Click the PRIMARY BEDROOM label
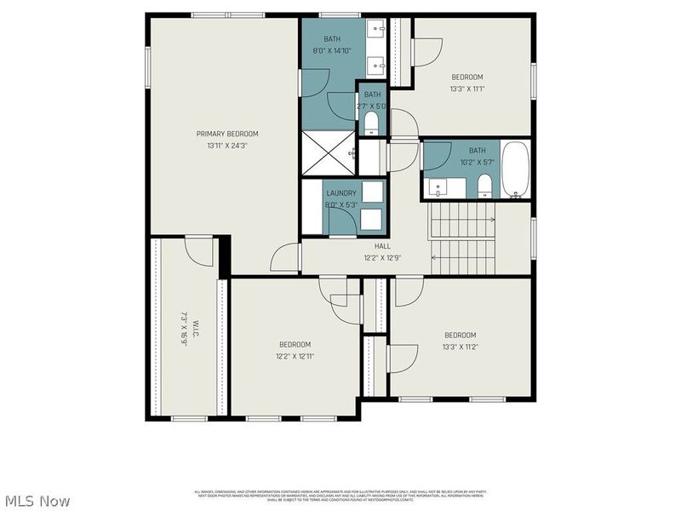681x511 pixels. [x=226, y=134]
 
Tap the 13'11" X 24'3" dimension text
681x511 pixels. [x=226, y=146]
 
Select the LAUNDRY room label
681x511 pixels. [x=341, y=193]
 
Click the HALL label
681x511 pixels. [x=382, y=246]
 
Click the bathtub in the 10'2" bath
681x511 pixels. [x=515, y=169]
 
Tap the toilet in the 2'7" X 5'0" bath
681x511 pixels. [x=371, y=124]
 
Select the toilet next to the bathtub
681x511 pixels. [x=484, y=185]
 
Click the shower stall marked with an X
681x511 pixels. [x=329, y=153]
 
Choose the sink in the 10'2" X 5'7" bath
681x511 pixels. [x=437, y=187]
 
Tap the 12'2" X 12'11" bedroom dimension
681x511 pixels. [x=295, y=356]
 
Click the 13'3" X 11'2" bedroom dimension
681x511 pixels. [x=460, y=347]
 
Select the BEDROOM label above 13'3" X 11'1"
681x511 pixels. [x=467, y=76]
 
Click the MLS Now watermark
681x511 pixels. [x=37, y=501]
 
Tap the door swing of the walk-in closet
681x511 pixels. [x=198, y=253]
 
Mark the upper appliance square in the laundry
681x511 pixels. [x=372, y=192]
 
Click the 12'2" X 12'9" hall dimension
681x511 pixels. [x=382, y=258]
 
